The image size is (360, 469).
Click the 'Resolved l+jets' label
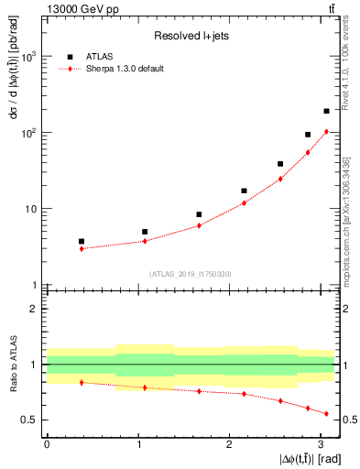pos(191,36)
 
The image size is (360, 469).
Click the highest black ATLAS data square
pos(326,111)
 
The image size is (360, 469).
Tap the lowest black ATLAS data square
pos(82,241)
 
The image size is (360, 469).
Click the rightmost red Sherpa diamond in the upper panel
pos(326,131)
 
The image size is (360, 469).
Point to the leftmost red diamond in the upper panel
pos(82,248)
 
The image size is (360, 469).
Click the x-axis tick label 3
pos(321,443)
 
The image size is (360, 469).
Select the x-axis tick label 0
pos(47,443)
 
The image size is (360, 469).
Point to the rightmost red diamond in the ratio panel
pos(326,413)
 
